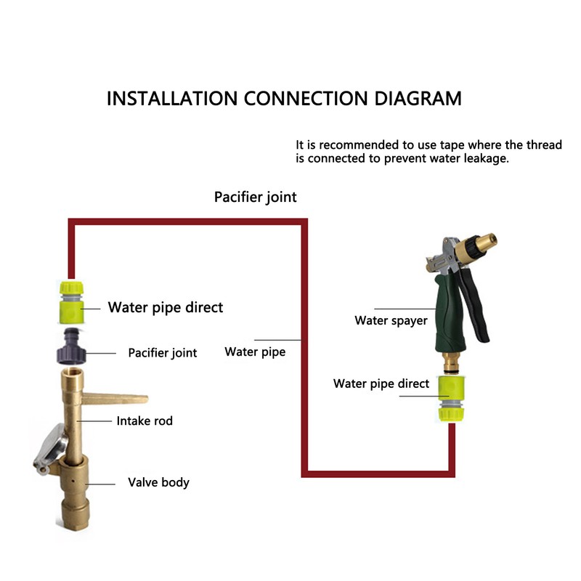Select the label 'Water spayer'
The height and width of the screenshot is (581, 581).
pos(391,320)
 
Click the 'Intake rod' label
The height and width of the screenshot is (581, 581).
pos(145,420)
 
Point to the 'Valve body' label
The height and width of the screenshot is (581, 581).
pos(159,482)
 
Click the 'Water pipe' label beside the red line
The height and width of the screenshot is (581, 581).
pos(255,352)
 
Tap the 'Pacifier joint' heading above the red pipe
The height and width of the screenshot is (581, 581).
pos(255,197)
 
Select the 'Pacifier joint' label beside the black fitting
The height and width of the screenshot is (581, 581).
pos(162,353)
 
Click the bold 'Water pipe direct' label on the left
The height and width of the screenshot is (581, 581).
pos(166,307)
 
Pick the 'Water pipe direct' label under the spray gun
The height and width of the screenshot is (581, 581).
pos(381,383)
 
